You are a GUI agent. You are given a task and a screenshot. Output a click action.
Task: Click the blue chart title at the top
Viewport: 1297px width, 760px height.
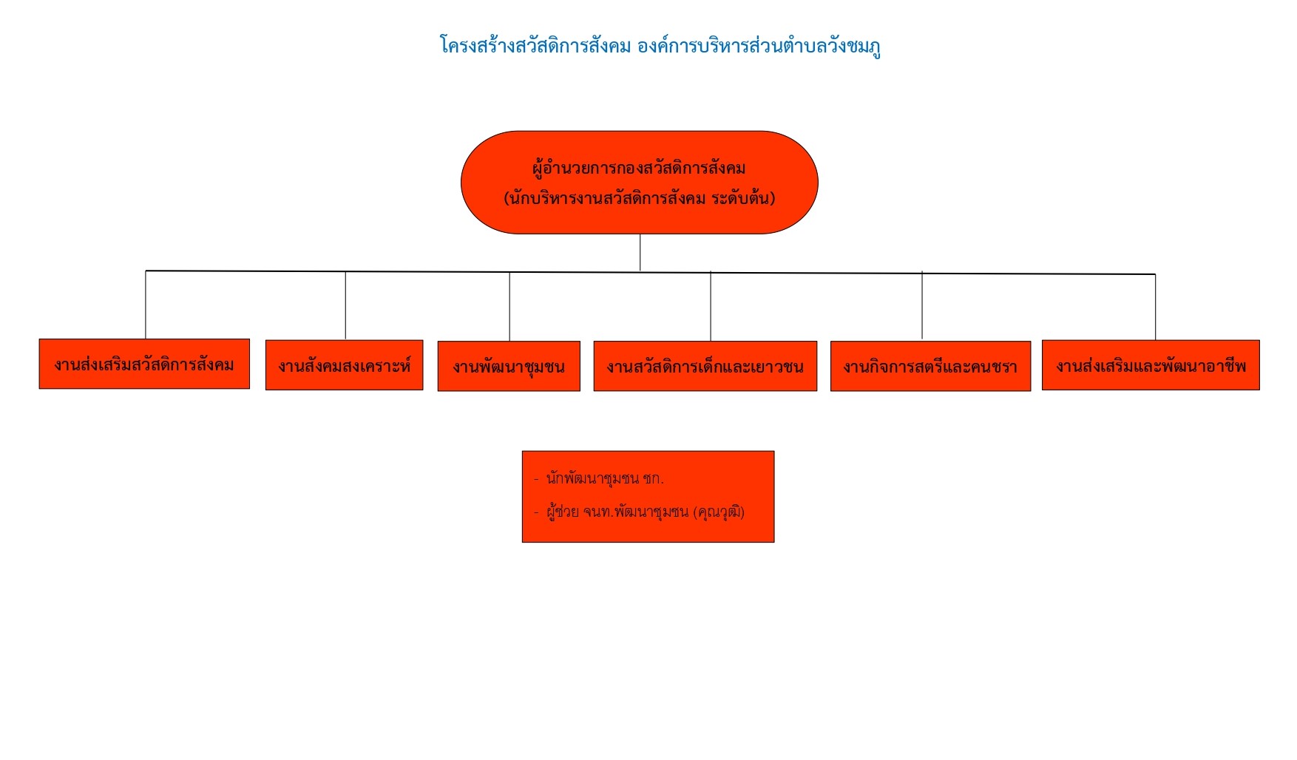[660, 46]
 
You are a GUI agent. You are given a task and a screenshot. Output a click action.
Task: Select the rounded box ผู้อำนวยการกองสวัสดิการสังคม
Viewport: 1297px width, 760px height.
[640, 183]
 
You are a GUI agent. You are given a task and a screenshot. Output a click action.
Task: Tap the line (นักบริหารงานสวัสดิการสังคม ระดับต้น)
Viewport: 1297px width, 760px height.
[640, 198]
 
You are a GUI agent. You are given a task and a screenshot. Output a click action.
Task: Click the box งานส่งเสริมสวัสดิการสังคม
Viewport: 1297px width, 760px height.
[144, 364]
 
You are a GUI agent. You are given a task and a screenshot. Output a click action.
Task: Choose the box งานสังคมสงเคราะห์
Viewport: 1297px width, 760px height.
[345, 365]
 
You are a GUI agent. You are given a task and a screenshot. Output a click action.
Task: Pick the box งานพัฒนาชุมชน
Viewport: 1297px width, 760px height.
[509, 366]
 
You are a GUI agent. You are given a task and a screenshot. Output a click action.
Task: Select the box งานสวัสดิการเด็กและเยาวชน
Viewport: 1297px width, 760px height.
[705, 366]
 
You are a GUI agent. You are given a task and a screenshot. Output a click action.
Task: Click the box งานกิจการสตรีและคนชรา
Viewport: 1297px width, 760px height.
[930, 366]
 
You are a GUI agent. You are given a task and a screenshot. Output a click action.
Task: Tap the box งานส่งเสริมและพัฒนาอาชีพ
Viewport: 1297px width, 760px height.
[1151, 365]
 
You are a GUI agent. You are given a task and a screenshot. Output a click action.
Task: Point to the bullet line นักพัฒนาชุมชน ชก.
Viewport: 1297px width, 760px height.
[599, 478]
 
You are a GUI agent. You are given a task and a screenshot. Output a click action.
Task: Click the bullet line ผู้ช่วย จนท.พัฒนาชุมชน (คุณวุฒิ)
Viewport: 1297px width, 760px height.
[639, 512]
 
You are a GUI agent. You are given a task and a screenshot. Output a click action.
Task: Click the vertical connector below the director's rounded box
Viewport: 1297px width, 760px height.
[640, 253]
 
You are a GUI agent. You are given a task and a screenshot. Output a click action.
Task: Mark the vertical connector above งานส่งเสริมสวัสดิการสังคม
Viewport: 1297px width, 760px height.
[146, 305]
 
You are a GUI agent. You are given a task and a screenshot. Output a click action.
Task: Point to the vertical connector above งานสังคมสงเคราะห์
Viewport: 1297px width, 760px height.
[345, 306]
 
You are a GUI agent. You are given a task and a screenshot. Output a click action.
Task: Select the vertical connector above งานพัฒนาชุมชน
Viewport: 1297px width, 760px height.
[509, 307]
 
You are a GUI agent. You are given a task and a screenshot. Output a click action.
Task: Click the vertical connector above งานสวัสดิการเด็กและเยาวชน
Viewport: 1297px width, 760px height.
[711, 306]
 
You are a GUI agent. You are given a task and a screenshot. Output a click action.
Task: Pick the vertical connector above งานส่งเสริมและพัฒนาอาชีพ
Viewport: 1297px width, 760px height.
[1155, 307]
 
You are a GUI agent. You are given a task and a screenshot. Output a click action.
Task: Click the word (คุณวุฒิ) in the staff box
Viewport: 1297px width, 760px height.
[719, 512]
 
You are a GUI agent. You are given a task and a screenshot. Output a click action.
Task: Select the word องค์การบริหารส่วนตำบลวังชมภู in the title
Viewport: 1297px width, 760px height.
[759, 46]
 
